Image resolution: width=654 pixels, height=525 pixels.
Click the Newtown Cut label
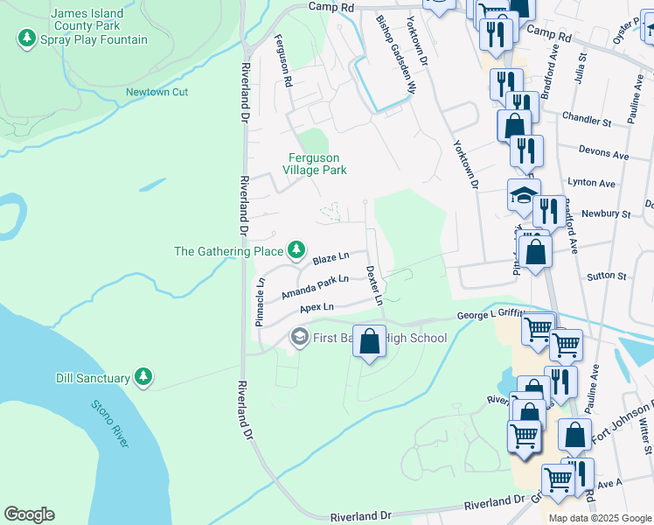[x=157, y=92]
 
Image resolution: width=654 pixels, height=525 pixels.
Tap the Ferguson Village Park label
[x=317, y=164]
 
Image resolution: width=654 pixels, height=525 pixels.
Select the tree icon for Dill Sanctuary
[x=144, y=378]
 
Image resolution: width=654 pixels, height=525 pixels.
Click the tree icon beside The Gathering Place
[x=297, y=251]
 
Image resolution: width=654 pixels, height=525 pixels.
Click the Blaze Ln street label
[x=331, y=258]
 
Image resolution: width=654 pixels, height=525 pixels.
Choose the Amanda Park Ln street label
[x=315, y=287]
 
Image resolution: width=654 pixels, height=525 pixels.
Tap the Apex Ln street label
[x=317, y=308]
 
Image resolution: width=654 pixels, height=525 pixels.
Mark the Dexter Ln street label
[x=374, y=285]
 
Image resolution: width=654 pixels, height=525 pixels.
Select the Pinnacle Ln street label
[x=260, y=302]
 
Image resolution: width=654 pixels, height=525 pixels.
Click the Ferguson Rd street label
[x=282, y=60]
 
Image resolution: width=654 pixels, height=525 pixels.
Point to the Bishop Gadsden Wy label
[x=394, y=54]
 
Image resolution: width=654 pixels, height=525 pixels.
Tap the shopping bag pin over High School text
[x=370, y=340]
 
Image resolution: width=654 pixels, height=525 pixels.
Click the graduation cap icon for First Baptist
[x=298, y=338]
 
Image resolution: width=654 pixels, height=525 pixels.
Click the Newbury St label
[x=611, y=213]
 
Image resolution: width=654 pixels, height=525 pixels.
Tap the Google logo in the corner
[x=29, y=514]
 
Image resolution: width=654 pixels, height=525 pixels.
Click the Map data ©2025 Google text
[x=599, y=518]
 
